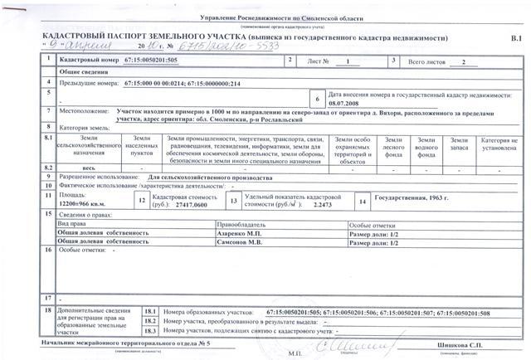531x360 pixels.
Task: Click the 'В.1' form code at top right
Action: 515,39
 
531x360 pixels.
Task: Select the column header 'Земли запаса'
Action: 459,144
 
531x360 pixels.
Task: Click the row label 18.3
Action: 150,330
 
